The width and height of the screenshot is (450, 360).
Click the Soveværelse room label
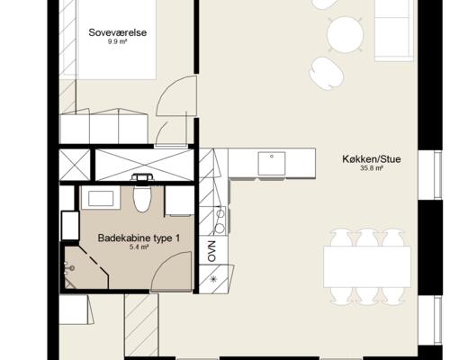point(118,32)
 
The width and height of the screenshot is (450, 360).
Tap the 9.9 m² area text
point(118,41)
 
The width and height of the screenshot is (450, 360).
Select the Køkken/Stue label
point(372,159)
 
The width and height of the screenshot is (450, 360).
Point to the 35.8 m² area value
point(372,168)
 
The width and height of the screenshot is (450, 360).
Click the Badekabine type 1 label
point(139,238)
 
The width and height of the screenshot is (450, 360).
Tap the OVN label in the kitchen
point(211,251)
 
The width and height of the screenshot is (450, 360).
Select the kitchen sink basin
point(272,164)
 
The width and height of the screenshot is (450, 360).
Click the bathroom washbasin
point(101,198)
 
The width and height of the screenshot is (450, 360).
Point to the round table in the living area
point(345,35)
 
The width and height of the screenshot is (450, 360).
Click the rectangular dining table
point(367,266)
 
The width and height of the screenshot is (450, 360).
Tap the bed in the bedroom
point(116,39)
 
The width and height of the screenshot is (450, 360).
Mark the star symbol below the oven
point(213,279)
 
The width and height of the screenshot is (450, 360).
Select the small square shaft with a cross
point(75,165)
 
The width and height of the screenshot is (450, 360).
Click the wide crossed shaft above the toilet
point(144,165)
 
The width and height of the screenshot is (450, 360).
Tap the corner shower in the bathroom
point(85,268)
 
